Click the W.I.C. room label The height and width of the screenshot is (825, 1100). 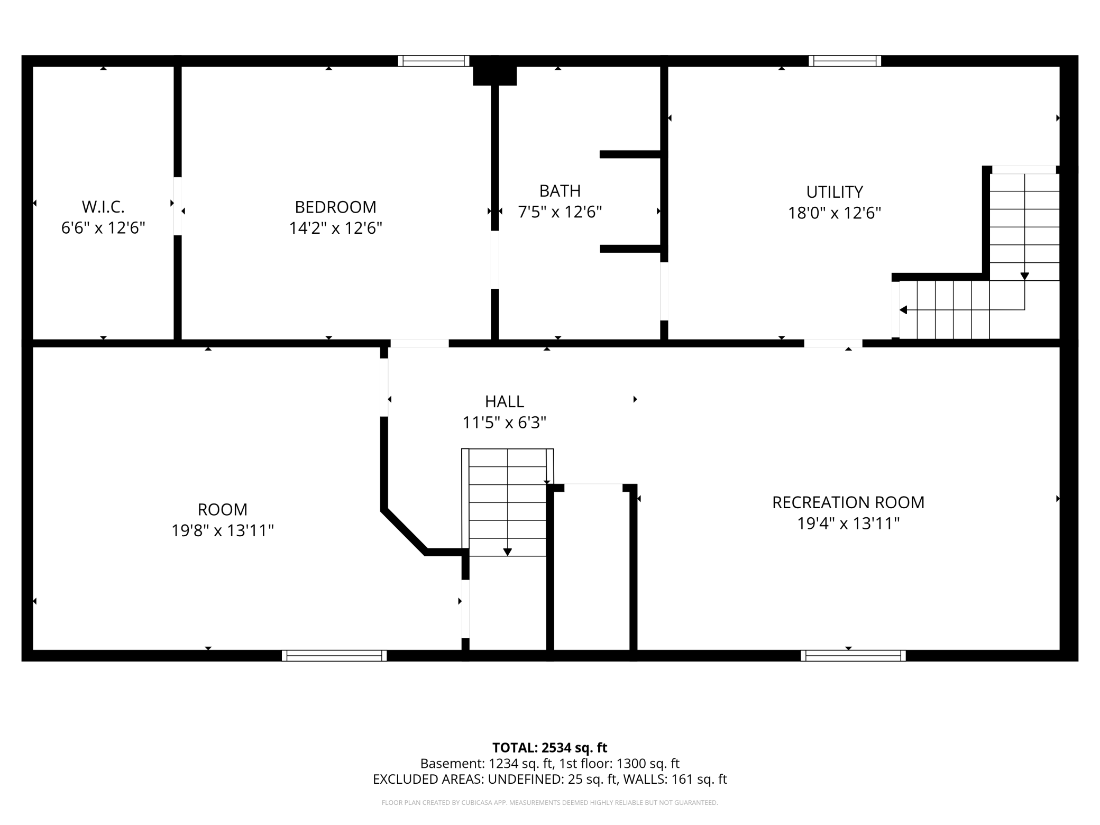[x=103, y=206]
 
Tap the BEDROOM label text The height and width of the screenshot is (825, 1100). [x=335, y=206]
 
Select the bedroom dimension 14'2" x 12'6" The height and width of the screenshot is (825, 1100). [x=335, y=228]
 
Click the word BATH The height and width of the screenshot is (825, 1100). [x=560, y=190]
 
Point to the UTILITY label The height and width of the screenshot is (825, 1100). [x=835, y=191]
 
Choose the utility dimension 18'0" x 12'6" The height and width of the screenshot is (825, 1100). [x=835, y=213]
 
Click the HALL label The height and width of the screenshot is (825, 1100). [x=505, y=401]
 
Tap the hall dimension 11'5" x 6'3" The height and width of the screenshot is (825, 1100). [x=505, y=423]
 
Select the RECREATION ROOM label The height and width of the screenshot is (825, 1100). [x=848, y=502]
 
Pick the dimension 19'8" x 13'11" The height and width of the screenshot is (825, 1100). [x=223, y=530]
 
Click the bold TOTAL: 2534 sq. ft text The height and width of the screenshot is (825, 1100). [x=549, y=748]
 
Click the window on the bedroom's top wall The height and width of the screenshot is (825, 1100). [x=434, y=61]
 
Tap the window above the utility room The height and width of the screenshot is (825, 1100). [x=845, y=61]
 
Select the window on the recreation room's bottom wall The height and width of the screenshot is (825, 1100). [x=853, y=655]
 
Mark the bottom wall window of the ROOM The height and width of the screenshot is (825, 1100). [x=334, y=655]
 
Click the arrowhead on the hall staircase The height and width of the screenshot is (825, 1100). [x=508, y=552]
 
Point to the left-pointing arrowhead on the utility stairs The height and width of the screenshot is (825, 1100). [x=903, y=310]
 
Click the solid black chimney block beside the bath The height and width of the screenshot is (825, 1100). [x=494, y=76]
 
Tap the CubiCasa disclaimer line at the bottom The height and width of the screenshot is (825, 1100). [x=549, y=803]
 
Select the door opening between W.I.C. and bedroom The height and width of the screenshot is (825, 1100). [x=178, y=206]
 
